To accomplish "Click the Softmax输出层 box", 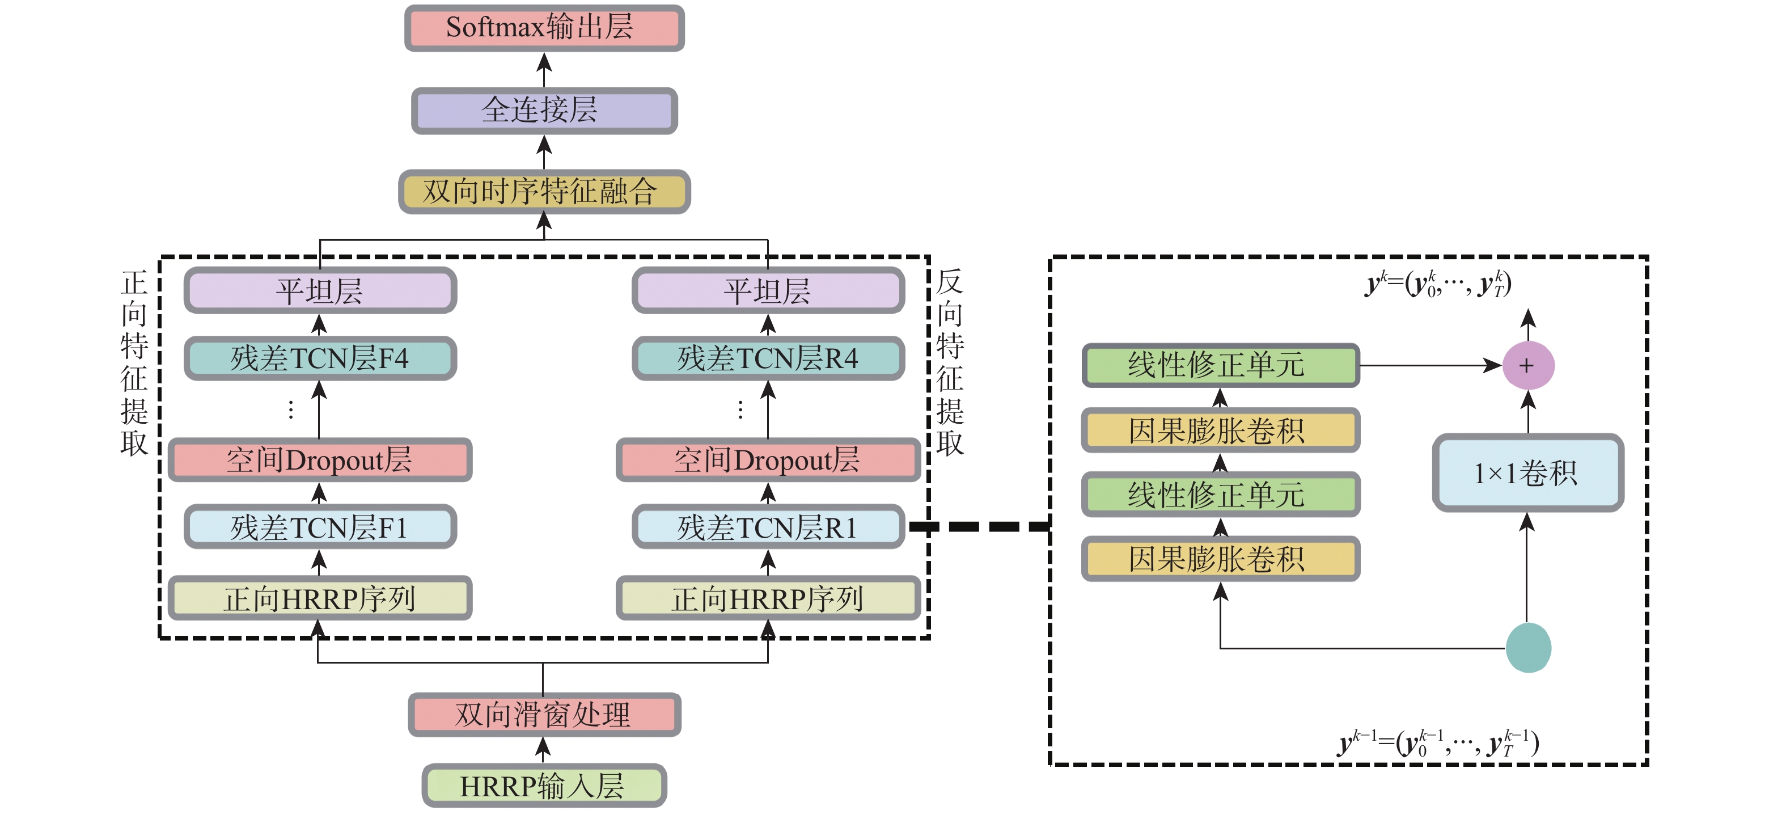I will (544, 28).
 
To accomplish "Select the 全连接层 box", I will (544, 110).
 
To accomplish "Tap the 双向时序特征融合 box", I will (544, 192).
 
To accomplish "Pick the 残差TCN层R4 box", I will (768, 358).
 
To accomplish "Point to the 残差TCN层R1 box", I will (768, 527).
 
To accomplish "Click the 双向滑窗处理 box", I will (544, 715).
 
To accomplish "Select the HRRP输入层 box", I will (544, 786).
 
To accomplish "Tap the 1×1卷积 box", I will (1527, 473).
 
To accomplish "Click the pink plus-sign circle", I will (1527, 366).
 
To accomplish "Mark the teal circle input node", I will (1528, 648).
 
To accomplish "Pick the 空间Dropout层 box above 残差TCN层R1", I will (768, 460).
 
